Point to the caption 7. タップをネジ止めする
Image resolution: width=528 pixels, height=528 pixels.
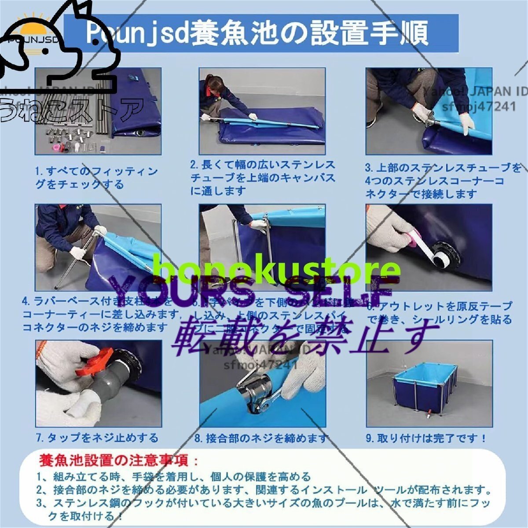[x=97, y=438]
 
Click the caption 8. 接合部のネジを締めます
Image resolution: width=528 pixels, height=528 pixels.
[x=261, y=438]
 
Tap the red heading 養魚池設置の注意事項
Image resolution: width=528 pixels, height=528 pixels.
[x=119, y=461]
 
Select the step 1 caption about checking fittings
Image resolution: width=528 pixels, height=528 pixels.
[x=97, y=178]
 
